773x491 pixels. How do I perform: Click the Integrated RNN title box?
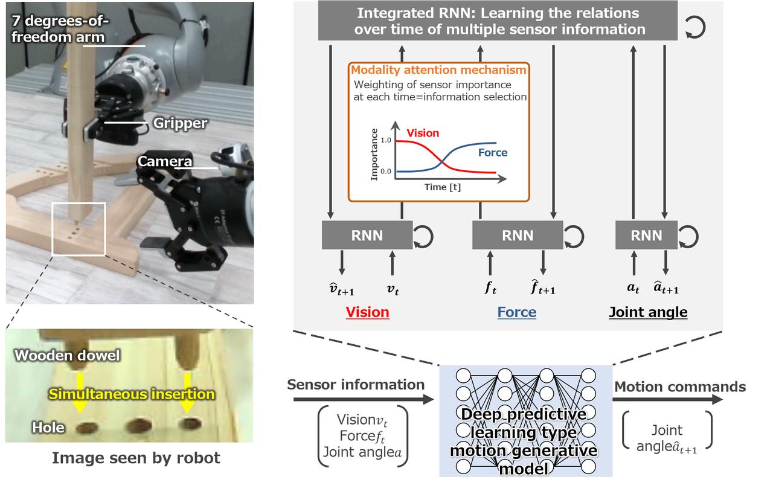coord(498,21)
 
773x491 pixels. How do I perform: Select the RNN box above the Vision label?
coord(367,236)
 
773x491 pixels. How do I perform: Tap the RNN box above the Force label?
coord(517,236)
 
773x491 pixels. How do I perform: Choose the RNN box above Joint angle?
coord(646,236)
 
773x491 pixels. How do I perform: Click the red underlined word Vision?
coord(367,312)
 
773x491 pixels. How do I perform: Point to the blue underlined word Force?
coord(516,312)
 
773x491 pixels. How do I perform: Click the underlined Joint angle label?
coord(648,312)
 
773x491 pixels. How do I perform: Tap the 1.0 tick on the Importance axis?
coord(385,140)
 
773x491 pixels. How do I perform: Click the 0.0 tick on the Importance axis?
coord(385,172)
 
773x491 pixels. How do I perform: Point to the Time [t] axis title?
coord(442,188)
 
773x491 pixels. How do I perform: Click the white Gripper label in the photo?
coord(180,124)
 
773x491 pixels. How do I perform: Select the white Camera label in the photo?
coord(165,161)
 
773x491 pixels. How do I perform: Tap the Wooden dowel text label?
coord(67,356)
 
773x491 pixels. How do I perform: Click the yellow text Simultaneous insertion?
coord(132,394)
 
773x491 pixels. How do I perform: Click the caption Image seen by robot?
coord(136,458)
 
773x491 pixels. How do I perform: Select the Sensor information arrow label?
coord(356,385)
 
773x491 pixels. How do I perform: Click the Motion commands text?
coord(679,387)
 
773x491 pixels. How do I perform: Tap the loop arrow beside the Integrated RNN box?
coord(696,28)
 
